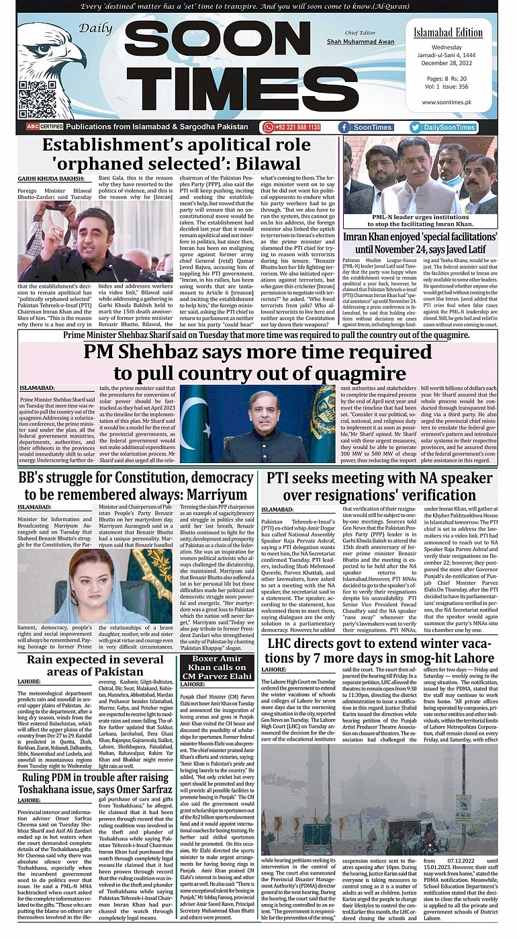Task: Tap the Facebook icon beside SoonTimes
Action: (345, 127)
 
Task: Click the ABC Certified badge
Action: (44, 127)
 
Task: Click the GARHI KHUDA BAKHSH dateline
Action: (51, 179)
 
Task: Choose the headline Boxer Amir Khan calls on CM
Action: (217, 672)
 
